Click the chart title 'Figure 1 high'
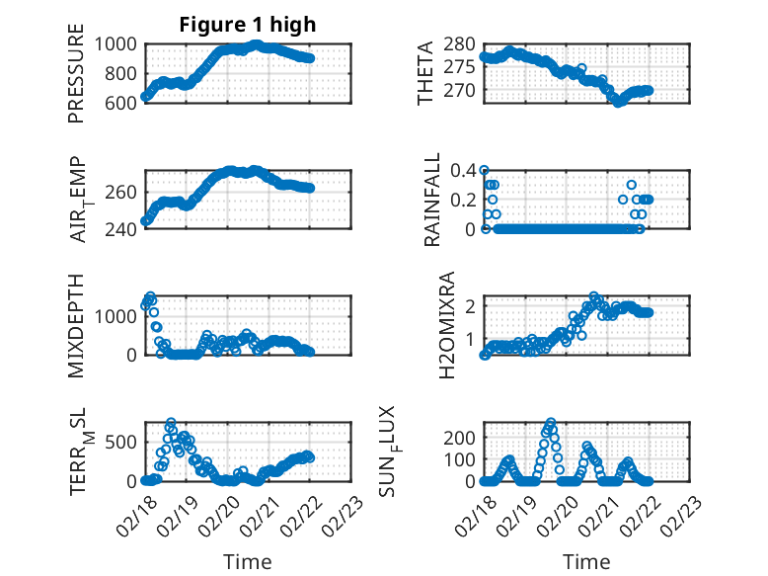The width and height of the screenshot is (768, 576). point(247,25)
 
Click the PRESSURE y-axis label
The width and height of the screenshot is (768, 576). point(76,73)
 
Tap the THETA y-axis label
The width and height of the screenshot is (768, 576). point(425,73)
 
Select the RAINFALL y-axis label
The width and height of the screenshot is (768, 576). point(433,201)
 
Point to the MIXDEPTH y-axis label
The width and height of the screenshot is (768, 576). point(76,325)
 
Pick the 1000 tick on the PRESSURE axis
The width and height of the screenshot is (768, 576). point(117,43)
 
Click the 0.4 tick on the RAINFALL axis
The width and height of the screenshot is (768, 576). point(464,170)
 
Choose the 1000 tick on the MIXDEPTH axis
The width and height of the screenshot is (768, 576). point(117,315)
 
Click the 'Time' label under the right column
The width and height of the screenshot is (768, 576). point(586,561)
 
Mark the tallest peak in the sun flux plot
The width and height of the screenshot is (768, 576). point(551,422)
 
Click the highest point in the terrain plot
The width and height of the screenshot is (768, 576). point(171,423)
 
